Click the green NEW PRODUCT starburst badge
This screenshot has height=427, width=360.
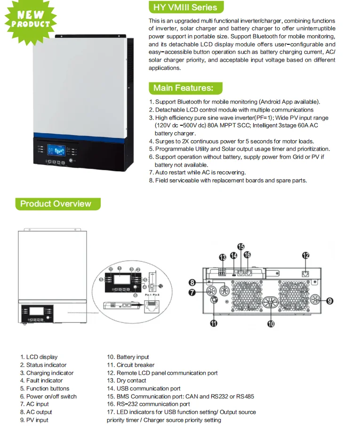pyautogui.click(x=30, y=20)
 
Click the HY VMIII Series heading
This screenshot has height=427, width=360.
pyautogui.click(x=185, y=7)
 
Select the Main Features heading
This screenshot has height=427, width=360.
pyautogui.click(x=183, y=88)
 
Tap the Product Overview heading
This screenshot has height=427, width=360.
pyautogui.click(x=56, y=204)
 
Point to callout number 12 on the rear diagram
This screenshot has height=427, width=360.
pyautogui.click(x=306, y=256)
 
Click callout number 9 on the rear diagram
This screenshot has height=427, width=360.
pyautogui.click(x=329, y=300)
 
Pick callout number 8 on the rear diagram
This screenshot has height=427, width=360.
pyautogui.click(x=192, y=282)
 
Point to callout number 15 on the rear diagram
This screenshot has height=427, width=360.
pyautogui.click(x=240, y=247)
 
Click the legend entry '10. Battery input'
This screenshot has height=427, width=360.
pyautogui.click(x=133, y=357)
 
